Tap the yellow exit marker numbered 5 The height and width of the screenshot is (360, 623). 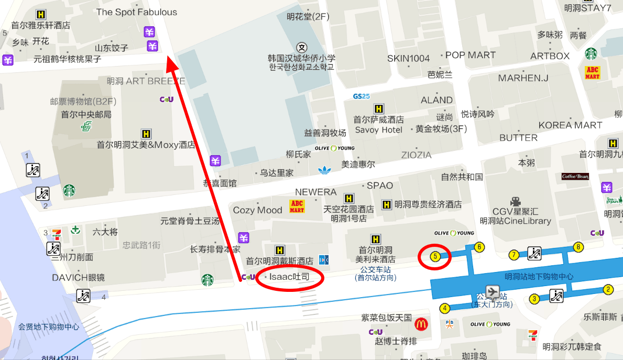point(435,256)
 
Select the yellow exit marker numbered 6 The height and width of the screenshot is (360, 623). point(478,247)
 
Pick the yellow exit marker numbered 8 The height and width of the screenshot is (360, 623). point(578,247)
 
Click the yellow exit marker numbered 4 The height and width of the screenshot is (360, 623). point(445,308)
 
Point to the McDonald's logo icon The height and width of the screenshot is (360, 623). point(420,324)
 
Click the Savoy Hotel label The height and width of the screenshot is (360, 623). point(378,129)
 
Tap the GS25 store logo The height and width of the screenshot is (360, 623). point(362,96)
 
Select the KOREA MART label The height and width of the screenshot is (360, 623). point(570,125)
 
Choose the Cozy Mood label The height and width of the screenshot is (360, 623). point(257,210)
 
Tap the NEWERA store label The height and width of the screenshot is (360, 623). point(315,192)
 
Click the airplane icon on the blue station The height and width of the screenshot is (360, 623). point(493,291)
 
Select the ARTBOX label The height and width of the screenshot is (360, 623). point(550,56)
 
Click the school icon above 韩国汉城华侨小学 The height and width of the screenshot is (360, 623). point(301,47)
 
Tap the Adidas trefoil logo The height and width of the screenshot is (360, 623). point(325,169)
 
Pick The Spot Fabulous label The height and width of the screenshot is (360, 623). point(137,12)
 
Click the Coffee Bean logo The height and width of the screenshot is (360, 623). point(575,177)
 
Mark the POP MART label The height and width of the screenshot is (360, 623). point(470,55)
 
